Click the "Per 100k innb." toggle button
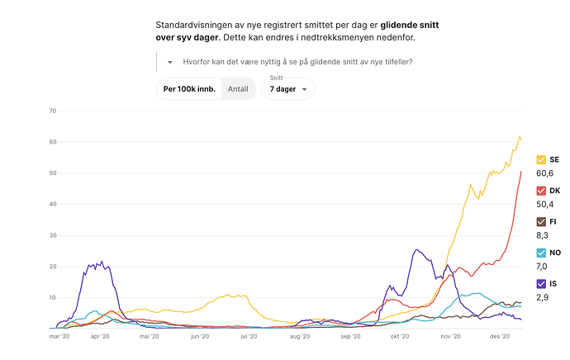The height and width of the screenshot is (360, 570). coord(189,88)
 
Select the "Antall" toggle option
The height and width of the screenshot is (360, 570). coord(237,88)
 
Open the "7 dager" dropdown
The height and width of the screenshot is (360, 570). coord(287,88)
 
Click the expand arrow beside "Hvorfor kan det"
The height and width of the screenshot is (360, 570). coord(170,62)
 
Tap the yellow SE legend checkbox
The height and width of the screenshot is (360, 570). coord(541,159)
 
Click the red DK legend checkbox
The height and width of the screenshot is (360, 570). coord(541,190)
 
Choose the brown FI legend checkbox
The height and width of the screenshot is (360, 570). coord(541,221)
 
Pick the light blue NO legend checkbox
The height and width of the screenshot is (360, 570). coord(541,252)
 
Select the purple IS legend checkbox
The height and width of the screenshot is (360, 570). coord(541,282)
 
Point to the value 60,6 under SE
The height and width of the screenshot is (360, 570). coord(546,173)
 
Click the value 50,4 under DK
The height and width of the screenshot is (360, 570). coord(546,204)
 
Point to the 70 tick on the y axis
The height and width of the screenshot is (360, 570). coord(52,111)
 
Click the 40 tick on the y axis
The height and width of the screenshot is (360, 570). coord(52,204)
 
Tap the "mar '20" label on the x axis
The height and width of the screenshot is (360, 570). coord(60,337)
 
